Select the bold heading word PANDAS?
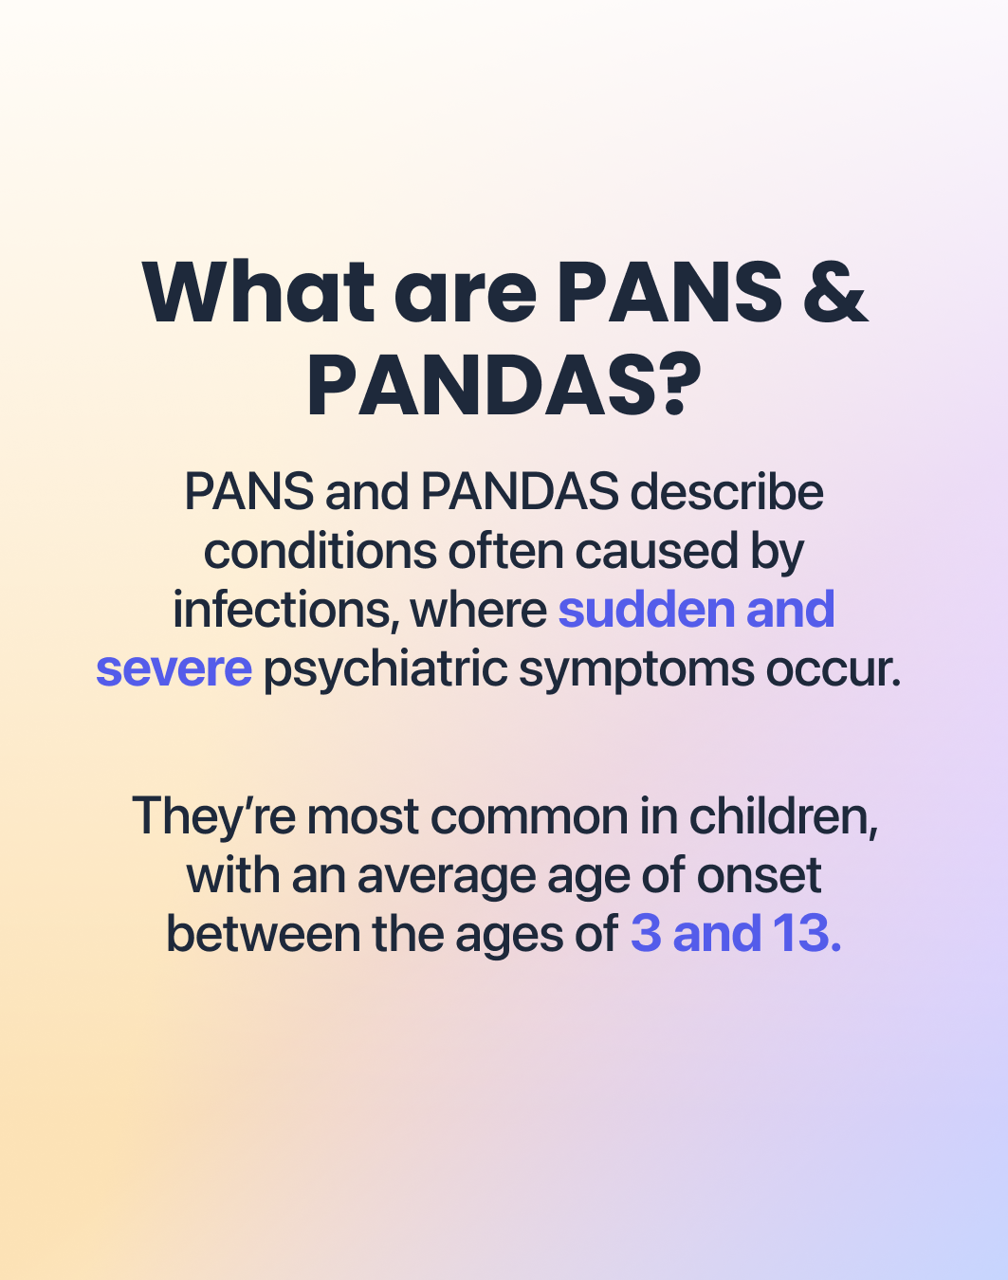coord(504,387)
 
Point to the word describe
coord(727,492)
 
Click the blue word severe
coord(174,669)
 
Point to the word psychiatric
coord(385,669)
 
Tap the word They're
coord(213,816)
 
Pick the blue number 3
coord(646,934)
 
